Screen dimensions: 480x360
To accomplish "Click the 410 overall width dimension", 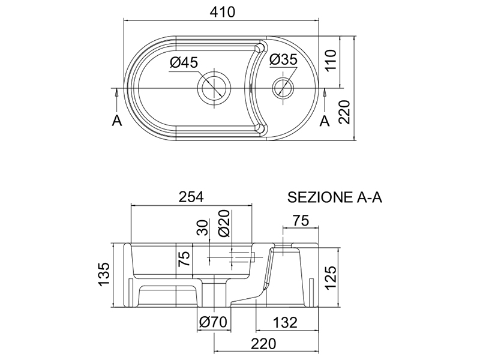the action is pyautogui.click(x=223, y=12).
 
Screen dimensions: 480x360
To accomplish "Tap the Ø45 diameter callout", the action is pyautogui.click(x=184, y=62).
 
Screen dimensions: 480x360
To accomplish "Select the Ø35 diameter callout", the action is pyautogui.click(x=283, y=59).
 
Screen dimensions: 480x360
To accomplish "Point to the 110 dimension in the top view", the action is pyautogui.click(x=331, y=61).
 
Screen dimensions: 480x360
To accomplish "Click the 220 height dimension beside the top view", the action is pyautogui.click(x=344, y=112).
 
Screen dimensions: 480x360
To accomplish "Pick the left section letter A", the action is pyautogui.click(x=116, y=121).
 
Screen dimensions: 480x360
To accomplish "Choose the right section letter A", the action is pyautogui.click(x=325, y=121).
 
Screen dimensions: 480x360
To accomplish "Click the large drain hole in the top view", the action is pyautogui.click(x=214, y=88).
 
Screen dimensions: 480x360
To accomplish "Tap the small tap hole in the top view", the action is pyautogui.click(x=283, y=86).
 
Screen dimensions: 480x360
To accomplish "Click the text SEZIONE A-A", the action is pyautogui.click(x=335, y=197).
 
